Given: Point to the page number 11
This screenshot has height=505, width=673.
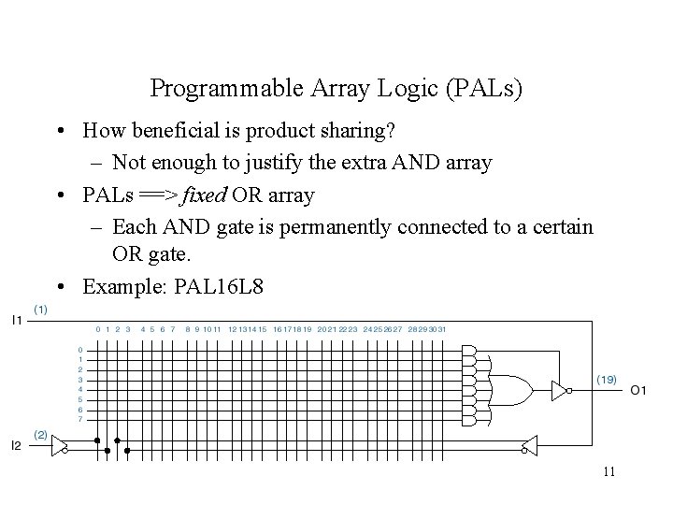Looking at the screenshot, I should (x=608, y=471).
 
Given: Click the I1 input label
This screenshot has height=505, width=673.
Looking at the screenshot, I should (x=17, y=320).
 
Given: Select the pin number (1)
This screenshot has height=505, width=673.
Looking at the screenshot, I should (x=42, y=308).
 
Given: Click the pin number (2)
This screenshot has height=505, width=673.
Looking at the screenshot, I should (x=42, y=434).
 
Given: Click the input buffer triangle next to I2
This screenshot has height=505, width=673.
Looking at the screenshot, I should (x=59, y=444).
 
